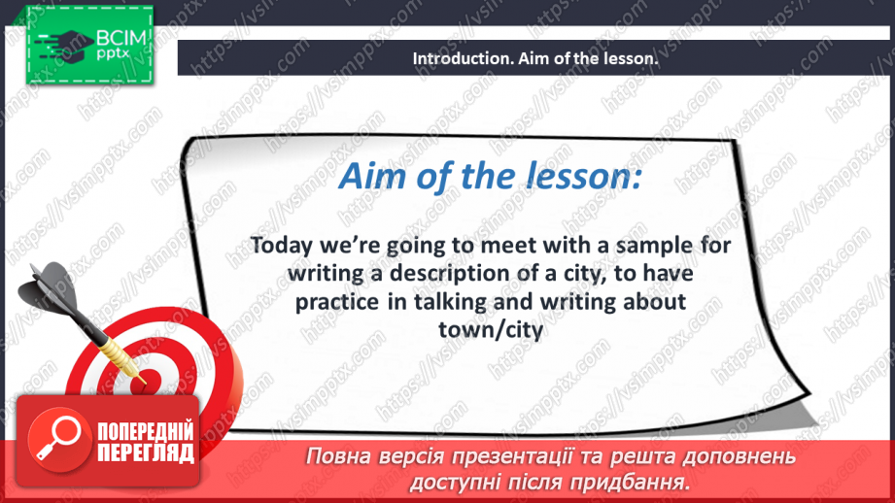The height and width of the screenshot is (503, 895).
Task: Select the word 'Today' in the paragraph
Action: click(282, 246)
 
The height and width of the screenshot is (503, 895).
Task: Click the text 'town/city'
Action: click(491, 329)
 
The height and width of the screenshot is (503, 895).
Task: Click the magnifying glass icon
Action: click(58, 439)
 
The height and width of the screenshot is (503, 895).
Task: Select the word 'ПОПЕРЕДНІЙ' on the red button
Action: click(146, 431)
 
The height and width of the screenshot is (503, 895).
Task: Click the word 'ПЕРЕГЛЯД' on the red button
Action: click(146, 453)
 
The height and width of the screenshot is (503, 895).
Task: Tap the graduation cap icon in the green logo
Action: click(64, 45)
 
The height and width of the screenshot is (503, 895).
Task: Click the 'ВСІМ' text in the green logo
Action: click(121, 38)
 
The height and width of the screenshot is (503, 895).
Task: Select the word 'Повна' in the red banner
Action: click(338, 456)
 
